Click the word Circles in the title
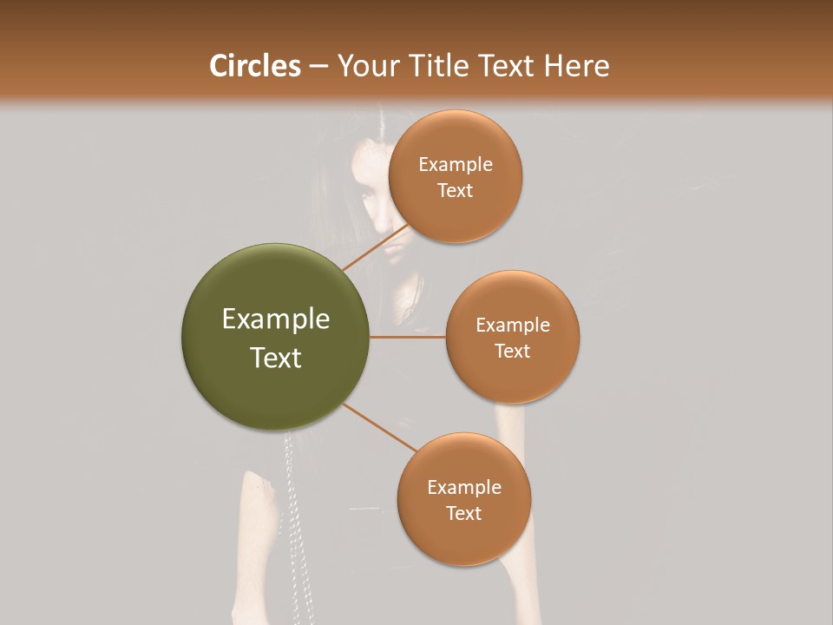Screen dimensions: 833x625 coord(254,66)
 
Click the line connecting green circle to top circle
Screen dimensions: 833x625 coord(375,247)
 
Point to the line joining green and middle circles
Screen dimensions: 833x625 coord(407,337)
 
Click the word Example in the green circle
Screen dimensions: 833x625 coord(276,319)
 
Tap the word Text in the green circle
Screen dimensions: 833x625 coord(276,358)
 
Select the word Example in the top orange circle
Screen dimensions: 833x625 coord(456,165)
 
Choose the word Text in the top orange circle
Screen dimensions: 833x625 coord(455,190)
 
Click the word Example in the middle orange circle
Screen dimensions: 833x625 coord(513,326)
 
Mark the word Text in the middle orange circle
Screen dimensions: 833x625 coord(512,351)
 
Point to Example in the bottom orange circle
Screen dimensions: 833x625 coord(464,488)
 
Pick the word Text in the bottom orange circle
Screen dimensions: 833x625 coord(463,513)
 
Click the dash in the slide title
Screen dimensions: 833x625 coord(318,67)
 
